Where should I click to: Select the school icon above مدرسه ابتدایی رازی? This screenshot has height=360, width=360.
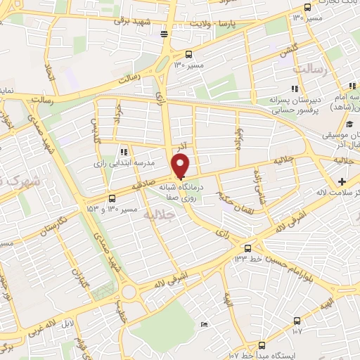coord(124,151)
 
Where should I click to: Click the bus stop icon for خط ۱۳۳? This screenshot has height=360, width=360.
coord(247,248)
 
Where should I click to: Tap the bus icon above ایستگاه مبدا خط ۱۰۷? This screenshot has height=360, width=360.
coord(262,345)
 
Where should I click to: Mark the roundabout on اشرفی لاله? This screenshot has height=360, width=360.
coord(128,292)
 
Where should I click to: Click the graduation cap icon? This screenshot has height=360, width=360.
coord(330,124)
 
